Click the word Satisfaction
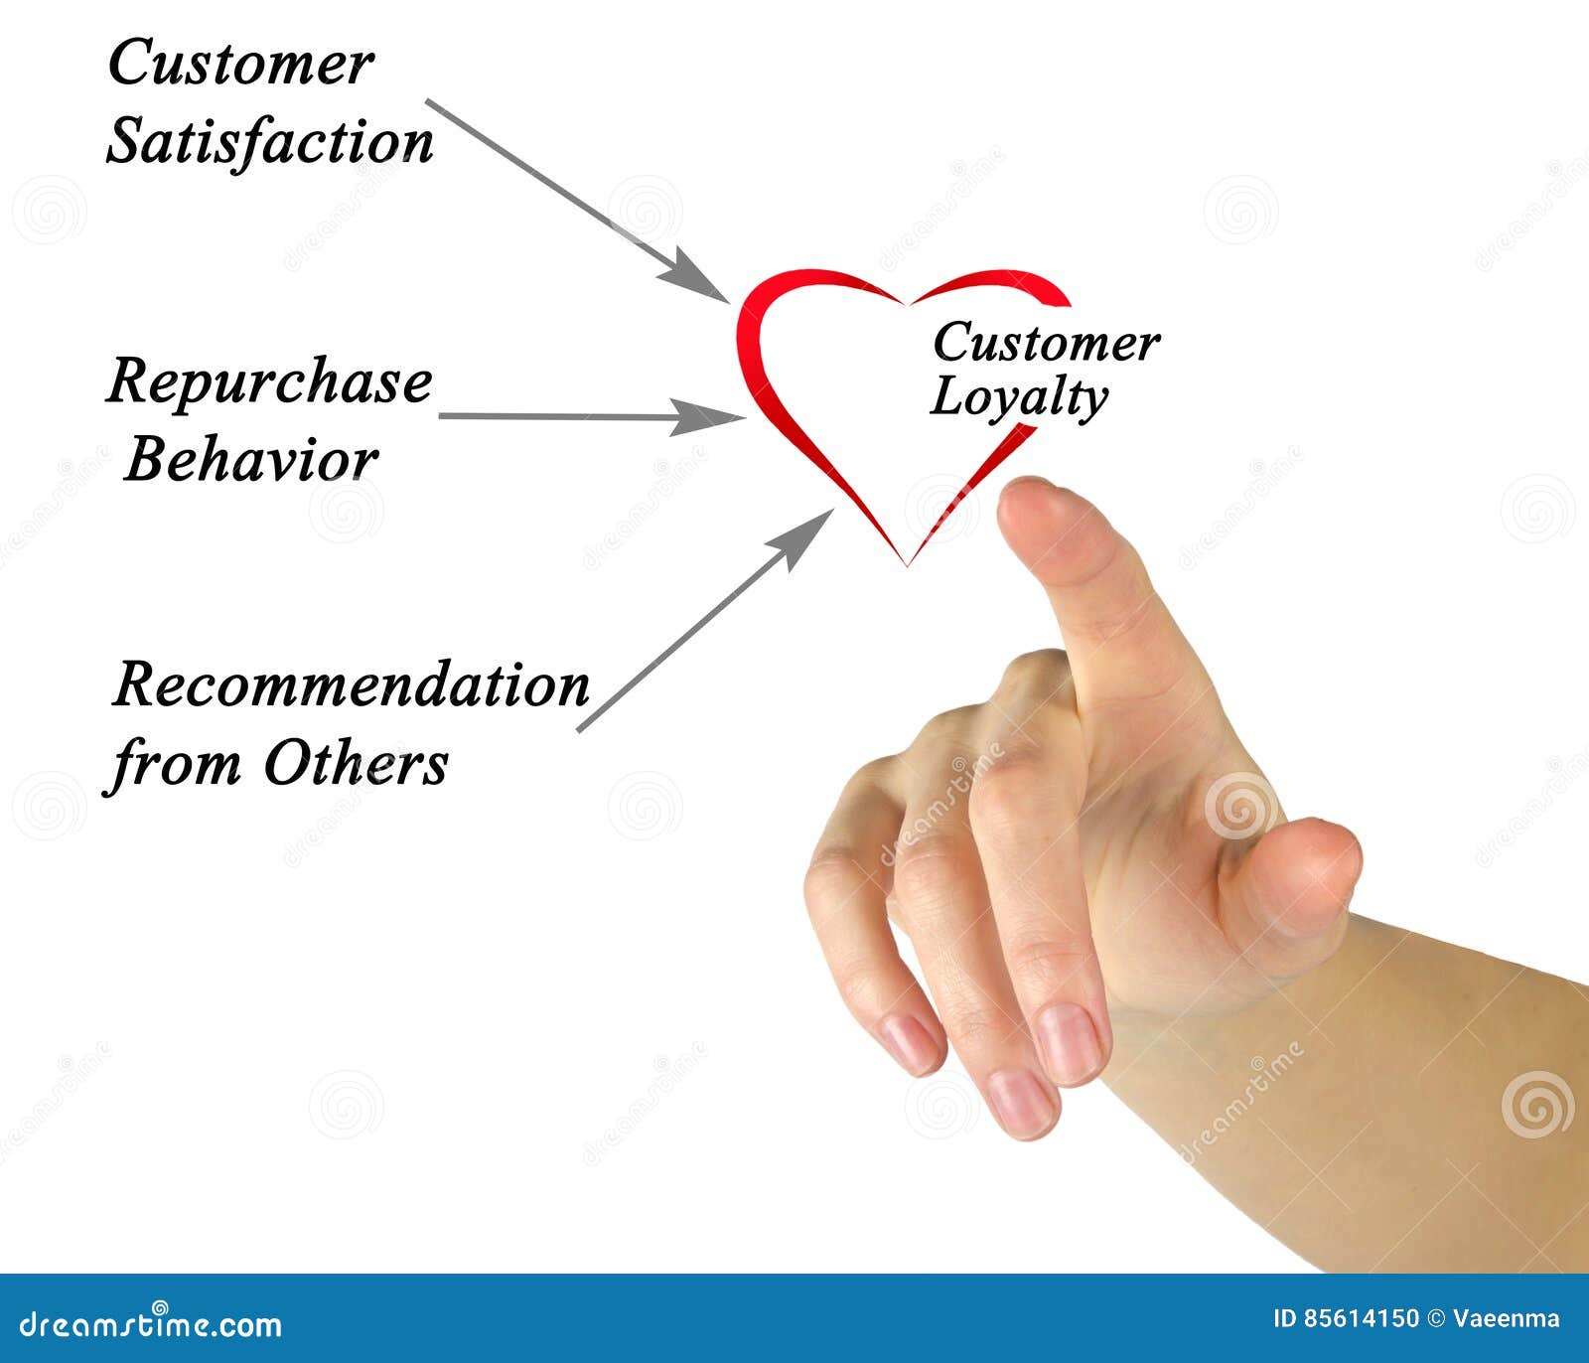[270, 142]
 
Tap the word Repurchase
[269, 381]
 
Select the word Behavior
[251, 461]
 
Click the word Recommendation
[351, 685]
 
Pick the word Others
[356, 764]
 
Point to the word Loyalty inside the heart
[1019, 397]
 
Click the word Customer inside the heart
[1046, 344]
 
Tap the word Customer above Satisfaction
[240, 64]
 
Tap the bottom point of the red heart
[908, 562]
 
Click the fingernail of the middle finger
[1069, 1043]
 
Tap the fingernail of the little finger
[909, 1044]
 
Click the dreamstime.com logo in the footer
[151, 1324]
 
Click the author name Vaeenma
[1507, 1319]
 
